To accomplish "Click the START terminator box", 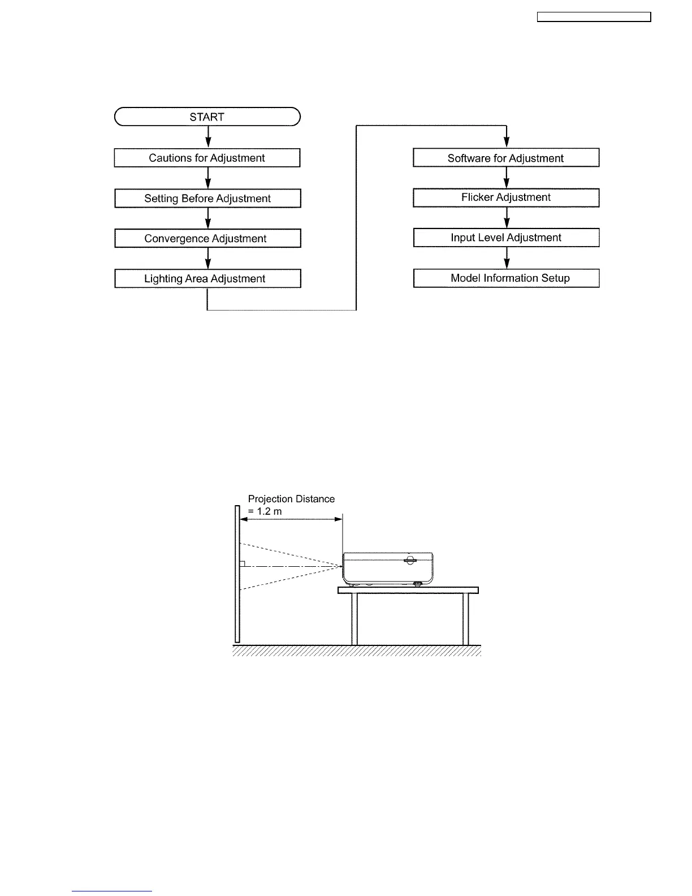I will click(x=207, y=117).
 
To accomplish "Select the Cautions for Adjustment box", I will click(x=207, y=158).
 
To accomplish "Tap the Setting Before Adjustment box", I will click(x=207, y=199).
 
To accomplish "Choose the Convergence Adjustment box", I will click(x=207, y=239).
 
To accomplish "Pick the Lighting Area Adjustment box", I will click(x=207, y=279).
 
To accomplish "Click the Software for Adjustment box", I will click(x=506, y=158).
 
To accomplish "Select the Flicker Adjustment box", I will click(x=506, y=198).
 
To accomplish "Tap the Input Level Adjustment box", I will click(x=506, y=238).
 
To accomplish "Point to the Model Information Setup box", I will click(x=506, y=278).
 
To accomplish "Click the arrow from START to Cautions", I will click(x=208, y=137).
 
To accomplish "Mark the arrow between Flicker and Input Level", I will click(x=507, y=218).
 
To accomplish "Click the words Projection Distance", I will click(x=291, y=499).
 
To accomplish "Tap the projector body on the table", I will click(x=388, y=567).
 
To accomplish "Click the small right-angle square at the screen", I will click(x=242, y=563).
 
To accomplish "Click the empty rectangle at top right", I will click(x=594, y=18).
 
